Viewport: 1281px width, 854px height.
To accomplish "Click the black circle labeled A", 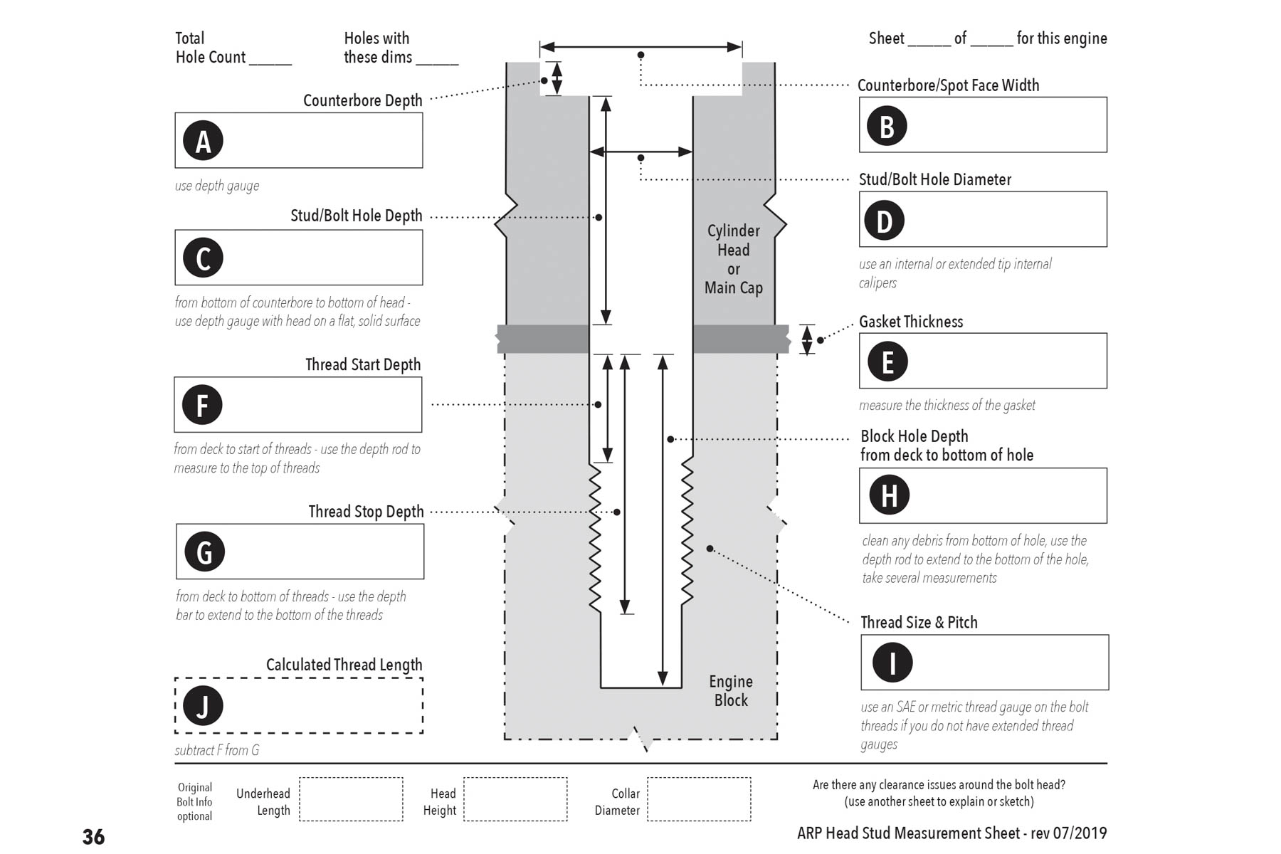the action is pyautogui.click(x=203, y=140).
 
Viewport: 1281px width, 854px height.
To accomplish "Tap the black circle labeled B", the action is pyautogui.click(x=887, y=125).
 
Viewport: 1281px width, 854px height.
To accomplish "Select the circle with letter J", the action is pyautogui.click(x=203, y=705).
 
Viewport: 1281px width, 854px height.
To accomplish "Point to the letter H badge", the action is pyautogui.click(x=889, y=495).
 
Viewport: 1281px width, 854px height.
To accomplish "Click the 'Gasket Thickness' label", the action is pyautogui.click(x=911, y=322).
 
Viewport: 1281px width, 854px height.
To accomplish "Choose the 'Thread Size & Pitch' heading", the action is pyautogui.click(x=919, y=622).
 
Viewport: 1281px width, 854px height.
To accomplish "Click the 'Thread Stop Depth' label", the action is pyautogui.click(x=366, y=512).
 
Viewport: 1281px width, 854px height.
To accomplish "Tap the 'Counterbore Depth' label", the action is pyautogui.click(x=363, y=100).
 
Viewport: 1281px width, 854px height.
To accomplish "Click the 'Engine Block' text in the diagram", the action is pyautogui.click(x=731, y=690).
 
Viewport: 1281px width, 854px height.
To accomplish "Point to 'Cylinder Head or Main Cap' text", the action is pyautogui.click(x=734, y=259).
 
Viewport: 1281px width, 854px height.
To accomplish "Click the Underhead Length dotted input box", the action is pyautogui.click(x=351, y=799).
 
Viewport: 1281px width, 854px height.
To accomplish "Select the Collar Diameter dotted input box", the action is pyautogui.click(x=699, y=799).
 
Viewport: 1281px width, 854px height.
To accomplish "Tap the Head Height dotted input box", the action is pyautogui.click(x=515, y=799).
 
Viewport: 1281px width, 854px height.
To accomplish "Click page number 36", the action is pyautogui.click(x=93, y=837).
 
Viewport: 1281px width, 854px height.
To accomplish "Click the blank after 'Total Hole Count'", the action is pyautogui.click(x=270, y=64).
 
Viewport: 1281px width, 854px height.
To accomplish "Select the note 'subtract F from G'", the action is pyautogui.click(x=217, y=750).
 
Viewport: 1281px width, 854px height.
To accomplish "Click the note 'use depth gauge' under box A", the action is pyautogui.click(x=217, y=186).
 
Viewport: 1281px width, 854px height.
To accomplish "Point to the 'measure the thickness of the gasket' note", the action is pyautogui.click(x=947, y=405).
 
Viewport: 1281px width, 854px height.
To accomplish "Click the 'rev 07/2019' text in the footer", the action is pyautogui.click(x=1069, y=833).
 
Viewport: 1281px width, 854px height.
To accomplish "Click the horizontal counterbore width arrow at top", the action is pyautogui.click(x=640, y=47).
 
